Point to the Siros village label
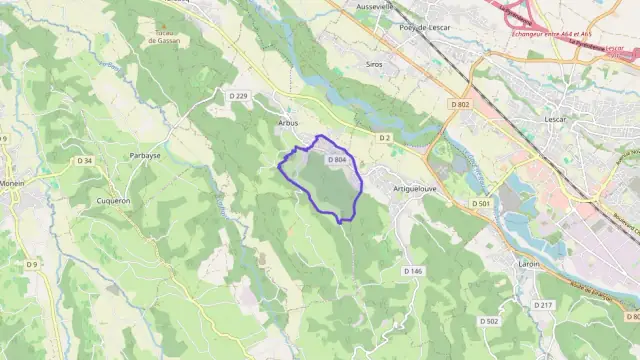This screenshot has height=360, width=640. [374, 63]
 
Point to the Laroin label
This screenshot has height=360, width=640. [529, 264]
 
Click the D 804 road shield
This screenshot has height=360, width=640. [337, 159]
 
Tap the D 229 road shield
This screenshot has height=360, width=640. [238, 96]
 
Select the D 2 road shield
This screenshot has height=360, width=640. [384, 137]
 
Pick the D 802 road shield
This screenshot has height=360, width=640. [460, 104]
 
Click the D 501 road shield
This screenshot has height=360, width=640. [482, 203]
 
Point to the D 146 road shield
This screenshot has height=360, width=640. [414, 271]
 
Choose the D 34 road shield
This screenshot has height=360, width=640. [85, 161]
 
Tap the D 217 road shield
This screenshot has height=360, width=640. [543, 304]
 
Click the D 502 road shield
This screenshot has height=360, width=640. [489, 321]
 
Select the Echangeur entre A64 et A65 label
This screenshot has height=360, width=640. [544, 34]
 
